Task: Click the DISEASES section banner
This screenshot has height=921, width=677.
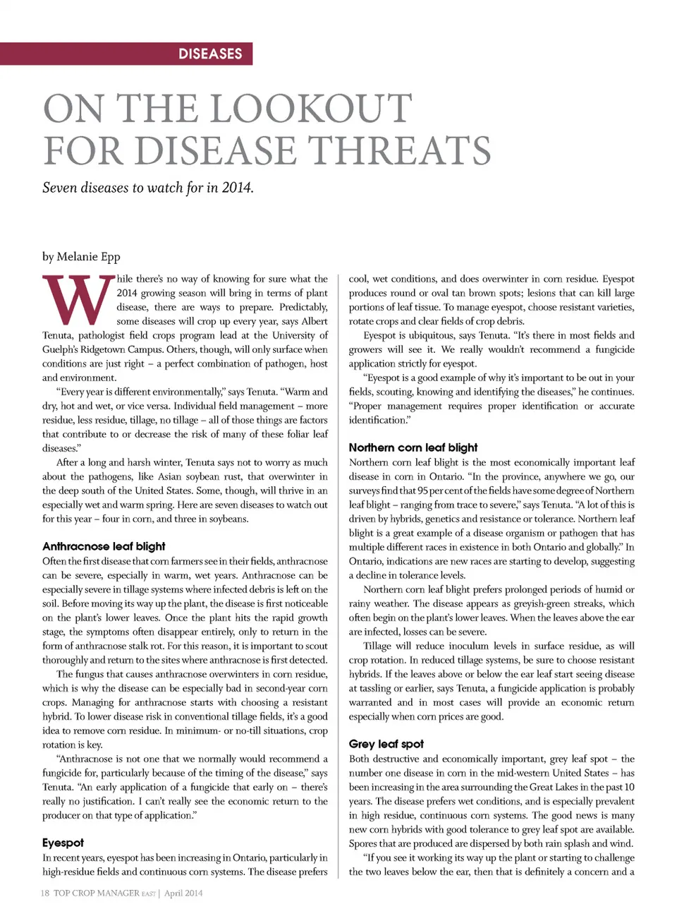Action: point(210,54)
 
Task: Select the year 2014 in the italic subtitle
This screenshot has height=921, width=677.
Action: point(236,188)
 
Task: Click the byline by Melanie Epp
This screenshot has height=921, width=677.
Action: point(81,256)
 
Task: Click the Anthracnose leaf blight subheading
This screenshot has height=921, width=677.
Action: point(104,546)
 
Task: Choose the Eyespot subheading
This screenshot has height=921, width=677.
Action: point(63,843)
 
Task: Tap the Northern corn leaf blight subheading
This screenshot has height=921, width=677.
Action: point(413,447)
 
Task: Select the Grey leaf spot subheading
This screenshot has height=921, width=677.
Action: point(386,744)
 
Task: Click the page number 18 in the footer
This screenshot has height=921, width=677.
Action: point(45,893)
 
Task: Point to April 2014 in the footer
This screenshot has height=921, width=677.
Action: point(183,893)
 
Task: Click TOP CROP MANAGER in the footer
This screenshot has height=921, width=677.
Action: point(97,893)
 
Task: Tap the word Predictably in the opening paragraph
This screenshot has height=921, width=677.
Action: point(303,307)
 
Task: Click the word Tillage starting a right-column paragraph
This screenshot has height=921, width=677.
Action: point(377,646)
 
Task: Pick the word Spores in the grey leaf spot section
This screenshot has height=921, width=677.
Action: point(362,843)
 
